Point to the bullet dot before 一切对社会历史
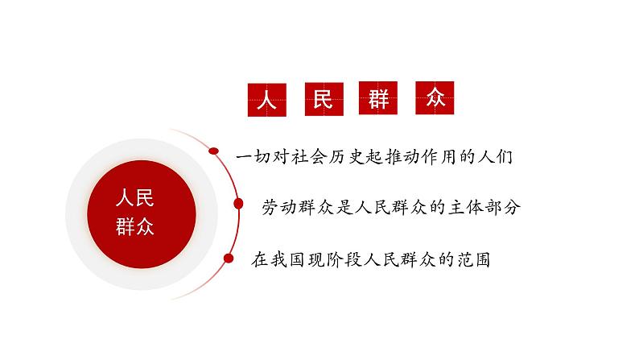point(214,151)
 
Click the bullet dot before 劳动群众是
point(239,205)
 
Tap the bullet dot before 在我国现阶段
point(229,259)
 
